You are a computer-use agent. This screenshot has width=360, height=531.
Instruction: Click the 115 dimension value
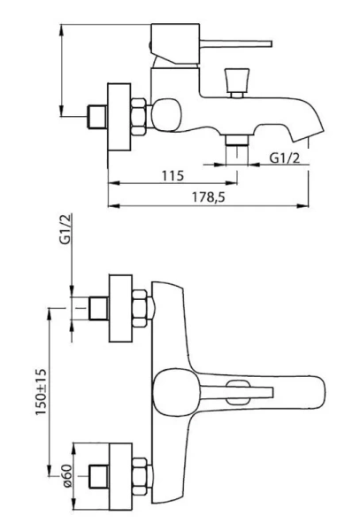172,175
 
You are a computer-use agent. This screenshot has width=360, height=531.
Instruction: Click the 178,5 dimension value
209,196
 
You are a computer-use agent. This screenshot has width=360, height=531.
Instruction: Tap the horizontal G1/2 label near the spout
285,158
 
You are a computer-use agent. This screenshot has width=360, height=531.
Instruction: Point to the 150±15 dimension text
41,392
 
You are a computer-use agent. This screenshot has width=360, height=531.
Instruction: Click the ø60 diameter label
67,475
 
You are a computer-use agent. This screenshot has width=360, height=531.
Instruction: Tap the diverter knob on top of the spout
237,82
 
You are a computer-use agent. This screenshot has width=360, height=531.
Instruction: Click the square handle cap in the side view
175,43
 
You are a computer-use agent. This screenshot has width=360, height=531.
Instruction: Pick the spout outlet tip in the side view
308,135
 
